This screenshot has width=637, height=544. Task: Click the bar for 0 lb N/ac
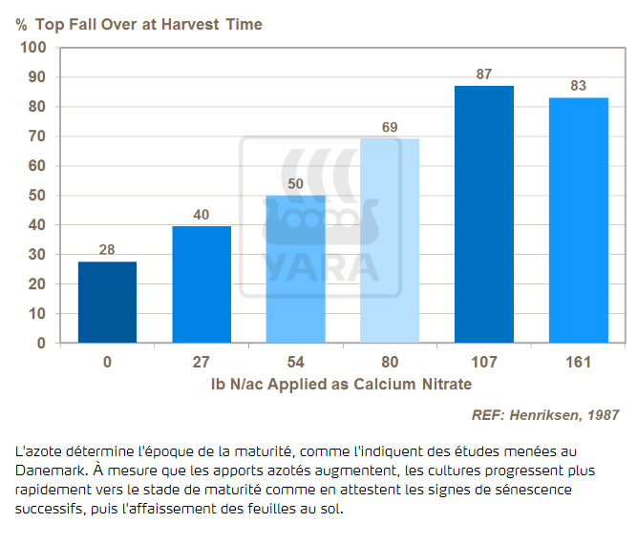(107, 302)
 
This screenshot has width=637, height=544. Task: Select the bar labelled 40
(202, 284)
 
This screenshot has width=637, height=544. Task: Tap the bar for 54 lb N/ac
(295, 269)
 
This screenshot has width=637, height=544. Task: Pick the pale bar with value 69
(390, 241)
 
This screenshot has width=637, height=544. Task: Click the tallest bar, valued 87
(483, 214)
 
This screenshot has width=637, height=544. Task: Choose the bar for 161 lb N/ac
(578, 220)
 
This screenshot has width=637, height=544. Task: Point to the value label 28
(107, 250)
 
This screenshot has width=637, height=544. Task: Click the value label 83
(578, 86)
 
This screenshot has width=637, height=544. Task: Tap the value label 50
(295, 184)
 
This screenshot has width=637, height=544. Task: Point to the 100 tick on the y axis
(33, 48)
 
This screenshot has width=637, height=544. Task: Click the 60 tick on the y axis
(37, 166)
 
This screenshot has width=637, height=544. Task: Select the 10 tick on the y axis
(37, 313)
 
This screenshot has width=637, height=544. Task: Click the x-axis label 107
(483, 363)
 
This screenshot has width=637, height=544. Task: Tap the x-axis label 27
(202, 363)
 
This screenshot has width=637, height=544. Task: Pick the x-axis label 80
(390, 363)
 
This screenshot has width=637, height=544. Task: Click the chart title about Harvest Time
(138, 24)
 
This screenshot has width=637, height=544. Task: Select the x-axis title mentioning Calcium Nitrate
(342, 384)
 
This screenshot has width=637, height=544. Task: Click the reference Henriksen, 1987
(545, 415)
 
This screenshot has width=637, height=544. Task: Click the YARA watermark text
(321, 266)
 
